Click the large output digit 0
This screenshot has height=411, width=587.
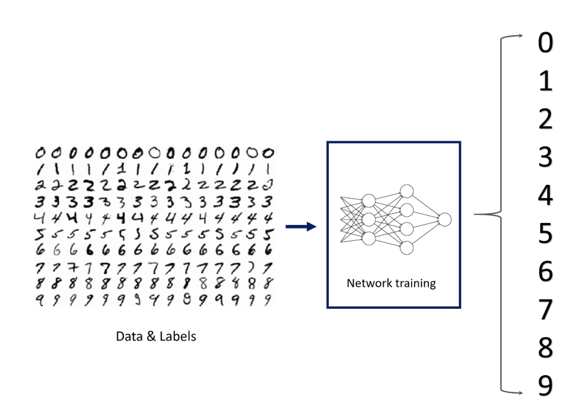click(x=545, y=43)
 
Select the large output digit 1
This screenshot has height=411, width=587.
click(x=545, y=81)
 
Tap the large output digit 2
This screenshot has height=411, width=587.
click(x=545, y=119)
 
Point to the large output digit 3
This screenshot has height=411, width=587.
click(x=545, y=157)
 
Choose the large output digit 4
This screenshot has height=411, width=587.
click(x=545, y=195)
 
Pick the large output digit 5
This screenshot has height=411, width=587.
click(x=545, y=233)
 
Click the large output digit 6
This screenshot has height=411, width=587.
click(x=545, y=271)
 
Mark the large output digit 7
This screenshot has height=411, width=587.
click(x=545, y=309)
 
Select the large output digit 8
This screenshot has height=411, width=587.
click(x=545, y=348)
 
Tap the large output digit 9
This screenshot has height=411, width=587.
click(x=545, y=386)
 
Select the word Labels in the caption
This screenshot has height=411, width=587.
click(x=178, y=336)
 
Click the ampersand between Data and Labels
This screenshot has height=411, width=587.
click(x=151, y=336)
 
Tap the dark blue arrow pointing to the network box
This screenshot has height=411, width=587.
click(x=301, y=226)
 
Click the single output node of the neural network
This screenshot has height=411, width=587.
click(x=444, y=219)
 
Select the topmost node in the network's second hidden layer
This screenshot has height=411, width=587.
click(x=407, y=191)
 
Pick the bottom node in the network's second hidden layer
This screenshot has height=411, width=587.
click(x=407, y=248)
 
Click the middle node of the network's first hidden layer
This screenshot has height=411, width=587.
click(x=369, y=219)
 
